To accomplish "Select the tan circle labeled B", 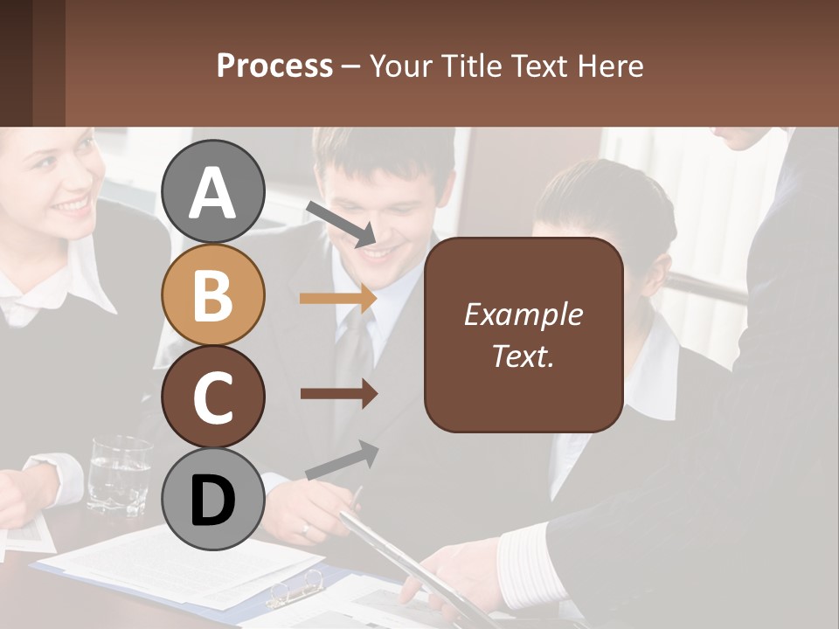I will (212, 294).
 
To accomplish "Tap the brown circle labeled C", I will (212, 397).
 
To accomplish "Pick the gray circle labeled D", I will (212, 499).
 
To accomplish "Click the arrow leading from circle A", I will (341, 224).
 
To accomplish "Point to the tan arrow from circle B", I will (337, 299).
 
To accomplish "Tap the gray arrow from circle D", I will (342, 460).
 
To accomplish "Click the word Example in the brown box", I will (523, 314).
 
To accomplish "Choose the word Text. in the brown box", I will (523, 356).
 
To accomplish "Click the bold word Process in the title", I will (274, 66).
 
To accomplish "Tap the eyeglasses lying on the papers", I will (295, 589).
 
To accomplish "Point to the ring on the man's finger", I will (304, 528).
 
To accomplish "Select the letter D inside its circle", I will (212, 500).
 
